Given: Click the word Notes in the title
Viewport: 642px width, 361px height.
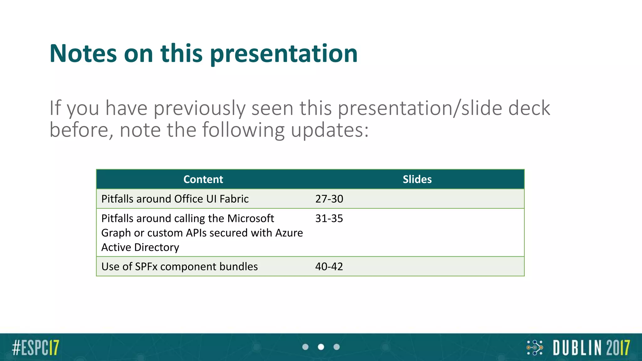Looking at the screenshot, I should tap(83, 54).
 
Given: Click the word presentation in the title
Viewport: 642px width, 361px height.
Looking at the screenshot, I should tap(284, 54).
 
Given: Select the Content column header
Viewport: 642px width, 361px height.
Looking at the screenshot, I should tap(203, 179).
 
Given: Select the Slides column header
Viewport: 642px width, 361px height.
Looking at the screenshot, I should tap(417, 179).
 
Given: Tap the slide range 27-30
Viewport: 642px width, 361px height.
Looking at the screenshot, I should tap(329, 199).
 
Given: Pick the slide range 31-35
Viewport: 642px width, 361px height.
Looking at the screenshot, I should tap(329, 218).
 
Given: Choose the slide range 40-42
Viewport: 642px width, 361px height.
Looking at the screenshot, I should tap(329, 267).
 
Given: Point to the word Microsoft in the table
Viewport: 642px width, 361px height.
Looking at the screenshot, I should tap(251, 218).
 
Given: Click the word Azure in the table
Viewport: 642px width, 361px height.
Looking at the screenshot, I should tap(289, 233).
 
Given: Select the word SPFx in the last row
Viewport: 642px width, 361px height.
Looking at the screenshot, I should tap(146, 267).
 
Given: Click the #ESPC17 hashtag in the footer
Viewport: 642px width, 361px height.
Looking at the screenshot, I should tap(35, 348).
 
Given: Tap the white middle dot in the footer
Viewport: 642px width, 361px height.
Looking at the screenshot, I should tap(321, 347).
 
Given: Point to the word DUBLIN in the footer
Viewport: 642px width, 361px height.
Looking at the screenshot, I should tap(577, 348).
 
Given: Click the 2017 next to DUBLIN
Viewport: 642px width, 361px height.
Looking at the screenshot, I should tap(618, 348).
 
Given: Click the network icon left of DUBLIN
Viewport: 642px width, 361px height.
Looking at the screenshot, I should tap(535, 348).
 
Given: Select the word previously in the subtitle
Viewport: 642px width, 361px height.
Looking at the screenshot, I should tap(199, 108).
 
